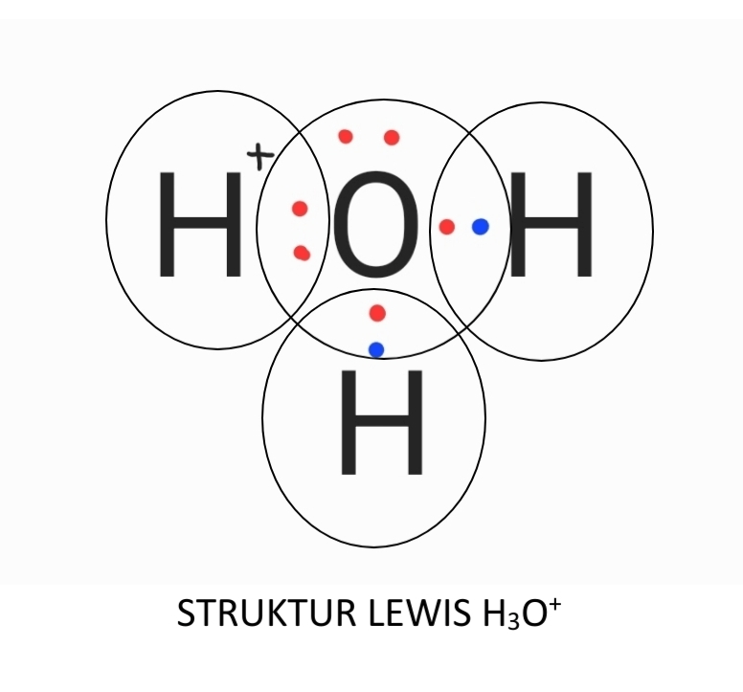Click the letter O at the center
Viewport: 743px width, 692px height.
(x=376, y=225)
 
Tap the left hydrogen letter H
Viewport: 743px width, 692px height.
(x=200, y=225)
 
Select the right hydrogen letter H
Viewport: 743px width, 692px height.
(x=551, y=225)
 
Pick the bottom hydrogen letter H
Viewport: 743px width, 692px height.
(x=381, y=422)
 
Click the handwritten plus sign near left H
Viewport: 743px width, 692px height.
(x=260, y=156)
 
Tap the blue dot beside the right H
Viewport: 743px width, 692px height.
(x=481, y=227)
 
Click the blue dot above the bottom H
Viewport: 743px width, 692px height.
(x=376, y=350)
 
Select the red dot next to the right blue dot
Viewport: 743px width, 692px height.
(x=447, y=227)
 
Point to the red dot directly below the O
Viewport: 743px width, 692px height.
(x=377, y=313)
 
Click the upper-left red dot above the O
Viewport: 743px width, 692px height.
(x=346, y=137)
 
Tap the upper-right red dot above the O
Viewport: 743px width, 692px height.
(x=392, y=138)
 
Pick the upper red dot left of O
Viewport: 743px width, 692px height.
(x=300, y=209)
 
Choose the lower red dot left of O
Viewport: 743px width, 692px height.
(x=302, y=254)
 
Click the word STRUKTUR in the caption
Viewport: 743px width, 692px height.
(x=267, y=613)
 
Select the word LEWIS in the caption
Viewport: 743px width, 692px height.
(x=417, y=613)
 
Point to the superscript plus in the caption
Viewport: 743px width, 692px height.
(x=555, y=604)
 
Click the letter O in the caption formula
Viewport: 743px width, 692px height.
(x=534, y=614)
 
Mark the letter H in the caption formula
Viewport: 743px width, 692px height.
(x=493, y=614)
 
